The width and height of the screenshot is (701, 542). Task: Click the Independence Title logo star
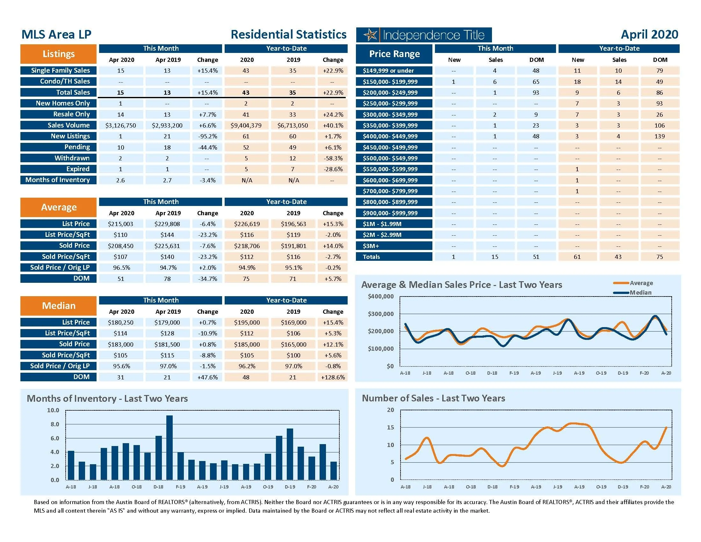click(371, 35)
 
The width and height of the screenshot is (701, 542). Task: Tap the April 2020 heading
click(649, 34)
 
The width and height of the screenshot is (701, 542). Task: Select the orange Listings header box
click(58, 54)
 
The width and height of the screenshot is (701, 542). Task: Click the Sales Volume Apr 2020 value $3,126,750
click(121, 125)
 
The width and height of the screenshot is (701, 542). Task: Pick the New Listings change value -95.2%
click(207, 136)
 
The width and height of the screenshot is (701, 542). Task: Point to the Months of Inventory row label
click(58, 180)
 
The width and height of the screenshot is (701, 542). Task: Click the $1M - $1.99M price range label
click(382, 224)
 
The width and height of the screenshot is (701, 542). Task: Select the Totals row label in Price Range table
click(371, 257)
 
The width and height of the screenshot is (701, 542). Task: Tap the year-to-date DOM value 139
click(660, 136)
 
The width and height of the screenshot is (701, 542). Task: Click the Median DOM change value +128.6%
click(333, 377)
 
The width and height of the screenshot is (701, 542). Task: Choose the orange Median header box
click(58, 306)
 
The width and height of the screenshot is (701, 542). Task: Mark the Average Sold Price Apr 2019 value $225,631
click(167, 246)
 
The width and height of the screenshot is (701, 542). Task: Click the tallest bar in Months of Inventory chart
click(170, 447)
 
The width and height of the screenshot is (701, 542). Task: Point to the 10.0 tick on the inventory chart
click(53, 410)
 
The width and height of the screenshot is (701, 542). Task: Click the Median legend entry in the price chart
click(640, 292)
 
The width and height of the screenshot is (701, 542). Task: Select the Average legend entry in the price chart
click(641, 283)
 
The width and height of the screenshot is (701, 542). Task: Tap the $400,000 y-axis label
click(381, 297)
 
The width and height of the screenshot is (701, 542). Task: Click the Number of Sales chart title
click(433, 398)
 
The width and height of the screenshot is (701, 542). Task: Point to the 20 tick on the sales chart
click(390, 410)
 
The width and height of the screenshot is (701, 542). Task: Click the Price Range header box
click(394, 54)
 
